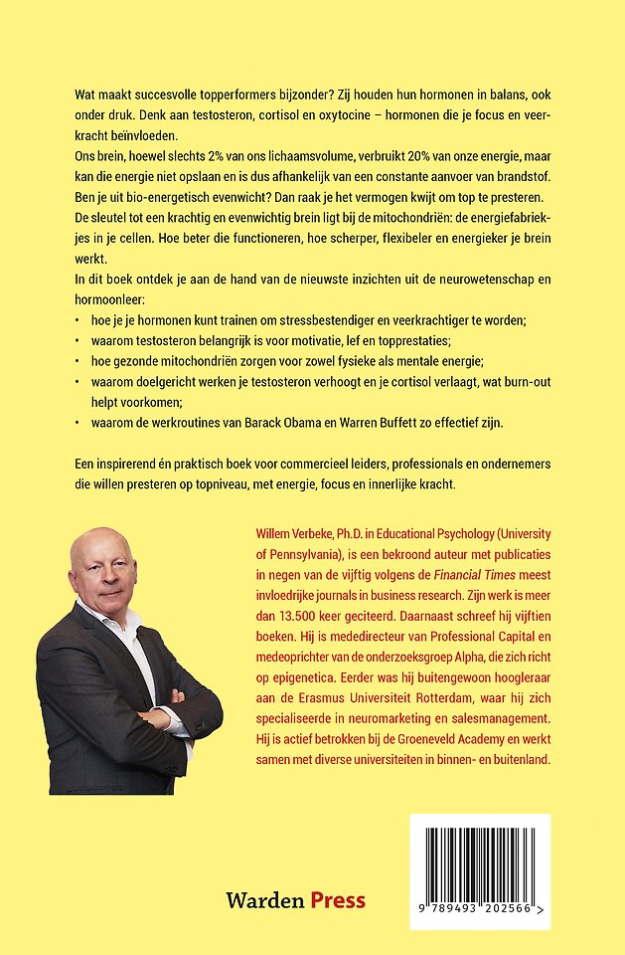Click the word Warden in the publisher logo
[264, 901]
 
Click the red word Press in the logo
[338, 901]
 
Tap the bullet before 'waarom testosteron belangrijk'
[78, 339]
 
